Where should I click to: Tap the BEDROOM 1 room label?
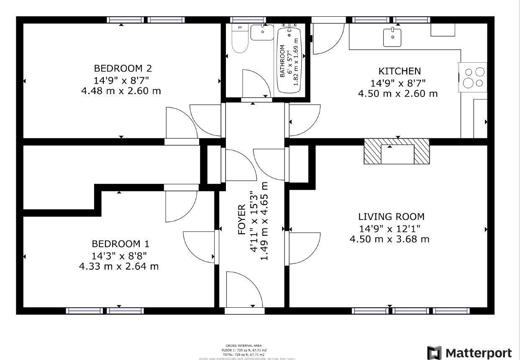(x=120, y=244)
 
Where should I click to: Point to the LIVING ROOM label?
(x=391, y=217)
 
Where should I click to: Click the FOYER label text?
(x=242, y=220)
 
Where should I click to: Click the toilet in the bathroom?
(x=240, y=40)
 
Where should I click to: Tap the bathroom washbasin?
(x=262, y=32)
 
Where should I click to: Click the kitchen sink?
(x=392, y=37)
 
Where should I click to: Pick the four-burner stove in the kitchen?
(x=473, y=77)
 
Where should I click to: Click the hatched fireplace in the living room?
(x=397, y=151)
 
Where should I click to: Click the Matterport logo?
(x=469, y=352)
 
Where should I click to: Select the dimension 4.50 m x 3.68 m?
(x=389, y=239)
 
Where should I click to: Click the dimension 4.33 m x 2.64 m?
(x=119, y=266)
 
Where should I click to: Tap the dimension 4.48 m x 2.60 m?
(x=121, y=90)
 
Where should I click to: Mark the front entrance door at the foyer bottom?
(x=244, y=293)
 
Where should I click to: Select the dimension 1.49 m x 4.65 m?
(x=264, y=221)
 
